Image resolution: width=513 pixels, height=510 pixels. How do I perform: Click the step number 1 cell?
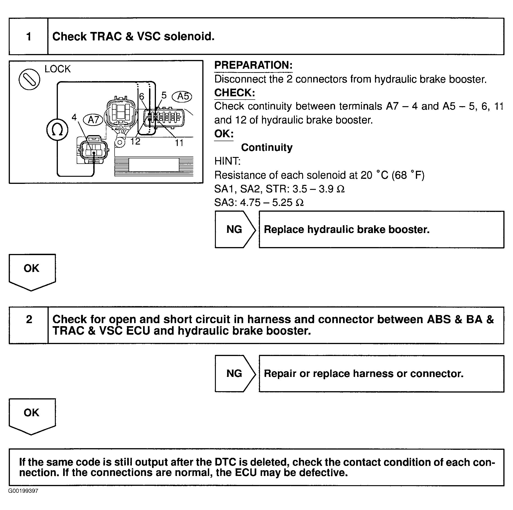click(x=29, y=36)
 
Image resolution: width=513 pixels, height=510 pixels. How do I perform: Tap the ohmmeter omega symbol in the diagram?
click(x=57, y=130)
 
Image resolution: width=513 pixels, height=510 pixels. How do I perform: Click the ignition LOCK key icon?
click(x=29, y=79)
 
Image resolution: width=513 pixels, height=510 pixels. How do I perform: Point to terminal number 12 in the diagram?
click(x=135, y=141)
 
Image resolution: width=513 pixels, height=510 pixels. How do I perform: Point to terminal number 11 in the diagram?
click(x=179, y=143)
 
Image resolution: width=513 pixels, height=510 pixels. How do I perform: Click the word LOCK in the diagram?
click(x=58, y=69)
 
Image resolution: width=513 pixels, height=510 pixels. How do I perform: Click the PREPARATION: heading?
click(x=253, y=65)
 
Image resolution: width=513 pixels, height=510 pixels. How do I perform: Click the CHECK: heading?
click(x=234, y=93)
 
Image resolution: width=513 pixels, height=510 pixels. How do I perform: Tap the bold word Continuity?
click(x=267, y=148)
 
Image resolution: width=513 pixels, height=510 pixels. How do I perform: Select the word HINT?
click(x=227, y=161)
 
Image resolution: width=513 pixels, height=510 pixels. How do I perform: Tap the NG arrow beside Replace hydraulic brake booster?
click(x=235, y=229)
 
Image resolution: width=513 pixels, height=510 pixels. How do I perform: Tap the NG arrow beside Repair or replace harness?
click(x=235, y=373)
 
